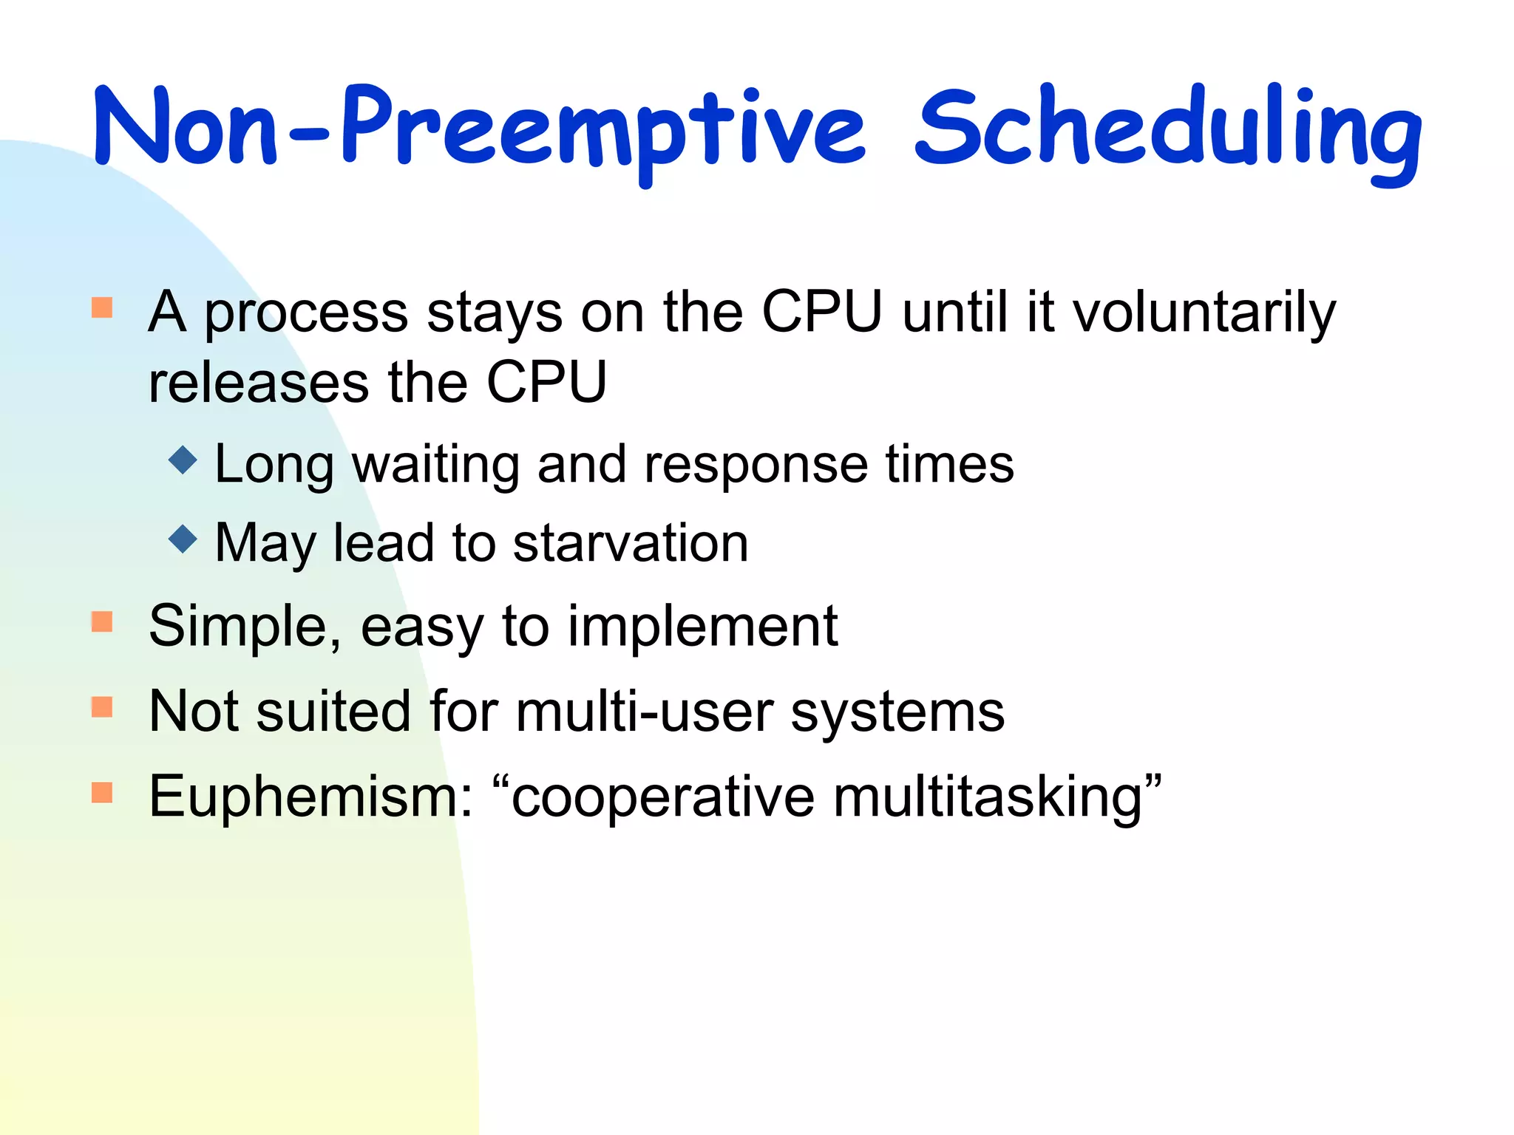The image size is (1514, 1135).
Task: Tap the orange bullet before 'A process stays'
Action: (x=102, y=307)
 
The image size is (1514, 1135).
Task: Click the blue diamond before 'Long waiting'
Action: (x=183, y=460)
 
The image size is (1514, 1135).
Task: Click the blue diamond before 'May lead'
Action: (x=183, y=539)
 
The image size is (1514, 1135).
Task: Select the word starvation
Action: (x=631, y=544)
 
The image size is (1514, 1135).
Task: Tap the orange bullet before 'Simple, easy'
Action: (x=102, y=621)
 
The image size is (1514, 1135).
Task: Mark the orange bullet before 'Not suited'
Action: (x=102, y=707)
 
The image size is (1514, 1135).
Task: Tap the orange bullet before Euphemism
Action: (x=102, y=792)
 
